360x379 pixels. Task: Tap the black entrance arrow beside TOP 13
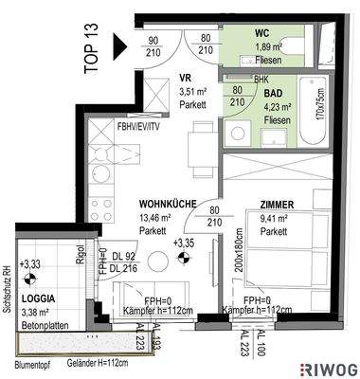[118, 45]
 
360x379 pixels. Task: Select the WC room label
[261, 33]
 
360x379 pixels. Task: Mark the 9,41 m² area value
[276, 218]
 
